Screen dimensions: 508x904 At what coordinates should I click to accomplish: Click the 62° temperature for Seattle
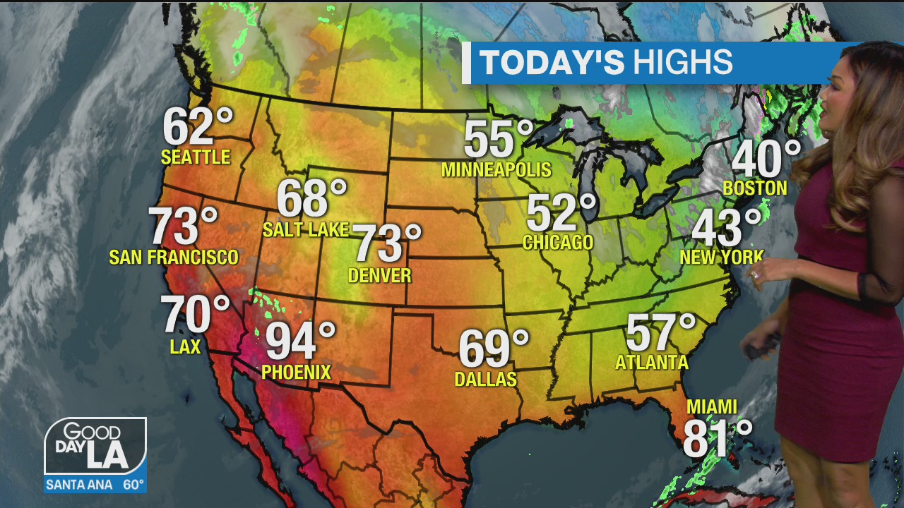197,127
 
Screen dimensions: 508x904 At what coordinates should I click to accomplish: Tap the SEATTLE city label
196,157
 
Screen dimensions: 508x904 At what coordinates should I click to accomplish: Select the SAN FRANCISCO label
174,257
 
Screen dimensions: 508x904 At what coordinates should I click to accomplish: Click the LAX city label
185,346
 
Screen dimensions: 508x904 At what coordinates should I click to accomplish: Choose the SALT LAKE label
305,229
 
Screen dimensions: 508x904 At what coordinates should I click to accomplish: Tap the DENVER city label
380,275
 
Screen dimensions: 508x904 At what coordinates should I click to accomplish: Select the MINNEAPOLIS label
496,170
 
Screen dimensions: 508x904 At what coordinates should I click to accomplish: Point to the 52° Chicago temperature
561,213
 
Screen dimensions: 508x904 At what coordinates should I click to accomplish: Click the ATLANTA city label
651,363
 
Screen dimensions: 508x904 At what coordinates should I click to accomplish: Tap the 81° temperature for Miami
716,438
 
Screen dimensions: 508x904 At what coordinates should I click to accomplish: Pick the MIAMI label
712,407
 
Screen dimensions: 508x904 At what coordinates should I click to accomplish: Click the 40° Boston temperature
766,159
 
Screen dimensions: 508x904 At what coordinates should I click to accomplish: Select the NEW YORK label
721,257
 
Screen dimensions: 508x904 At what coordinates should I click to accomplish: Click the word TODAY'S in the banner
552,63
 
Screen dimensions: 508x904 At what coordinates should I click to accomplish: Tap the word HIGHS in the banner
682,63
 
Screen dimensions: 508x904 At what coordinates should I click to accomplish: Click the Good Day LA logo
95,446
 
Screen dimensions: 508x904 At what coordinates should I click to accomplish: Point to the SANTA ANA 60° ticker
95,485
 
